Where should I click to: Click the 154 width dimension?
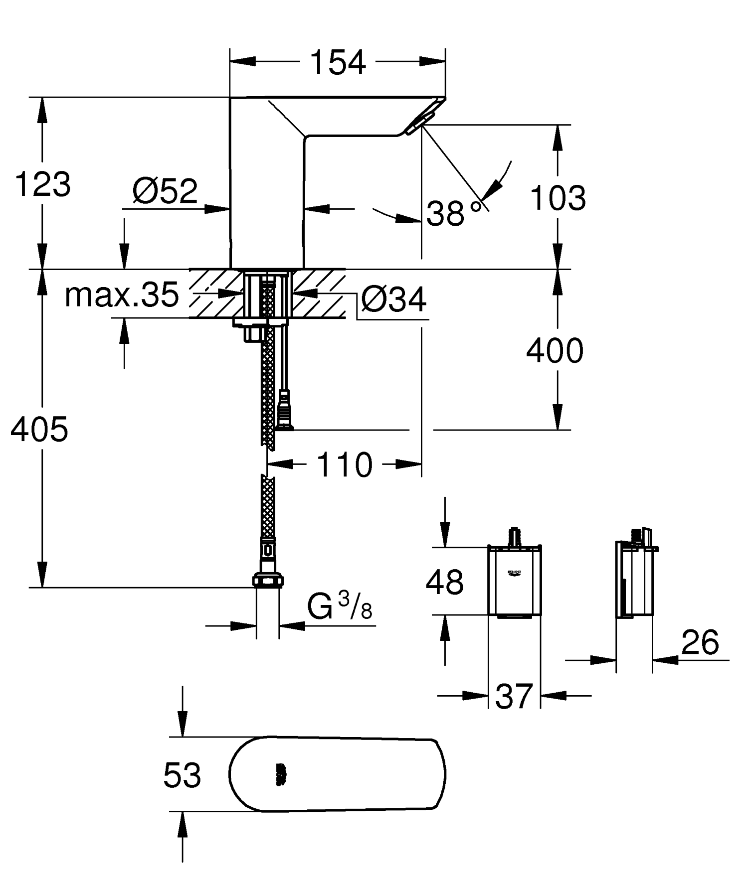tap(338, 63)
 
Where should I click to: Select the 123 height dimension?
tap(43, 184)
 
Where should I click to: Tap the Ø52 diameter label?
tap(165, 190)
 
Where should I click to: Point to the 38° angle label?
tap(453, 214)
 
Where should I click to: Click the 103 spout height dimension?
tap(558, 198)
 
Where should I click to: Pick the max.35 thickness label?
tap(122, 295)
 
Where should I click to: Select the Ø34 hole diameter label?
tap(394, 299)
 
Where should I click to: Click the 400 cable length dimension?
tap(555, 351)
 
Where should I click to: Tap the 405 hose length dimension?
tap(39, 429)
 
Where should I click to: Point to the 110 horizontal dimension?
tap(345, 465)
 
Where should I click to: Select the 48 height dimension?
tap(444, 582)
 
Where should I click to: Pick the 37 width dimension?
tap(514, 696)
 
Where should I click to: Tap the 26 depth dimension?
tap(700, 642)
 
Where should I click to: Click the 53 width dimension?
tap(182, 775)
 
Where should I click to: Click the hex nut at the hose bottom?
tap(268, 581)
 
